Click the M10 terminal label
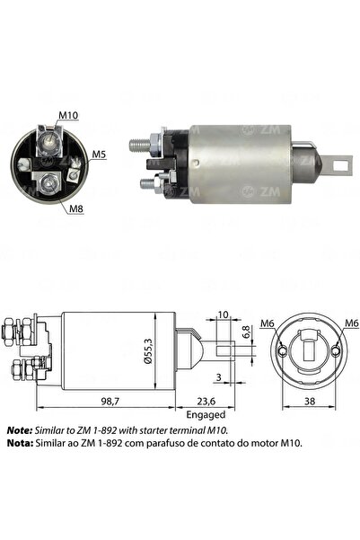[x=68, y=115]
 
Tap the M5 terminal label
[x=99, y=155]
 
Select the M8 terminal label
[x=76, y=208]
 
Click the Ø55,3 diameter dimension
[x=148, y=351]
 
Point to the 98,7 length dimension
[x=108, y=401]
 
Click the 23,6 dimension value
[x=206, y=401]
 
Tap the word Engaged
[x=206, y=414]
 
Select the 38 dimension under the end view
[x=310, y=401]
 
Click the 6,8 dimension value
[x=246, y=332]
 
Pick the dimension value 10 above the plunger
[x=223, y=314]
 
